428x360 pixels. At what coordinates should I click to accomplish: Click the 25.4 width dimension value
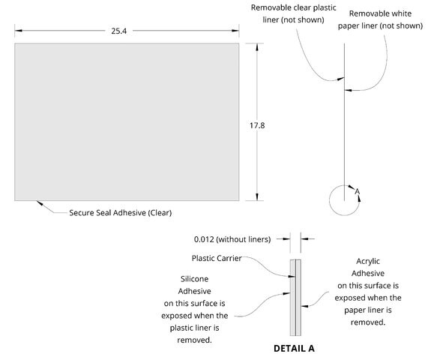(118, 31)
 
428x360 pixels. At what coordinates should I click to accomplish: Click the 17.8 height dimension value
(257, 125)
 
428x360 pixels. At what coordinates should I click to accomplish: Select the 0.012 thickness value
(204, 239)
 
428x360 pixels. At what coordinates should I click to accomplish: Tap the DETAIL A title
(294, 348)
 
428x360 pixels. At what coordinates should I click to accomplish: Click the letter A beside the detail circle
(357, 191)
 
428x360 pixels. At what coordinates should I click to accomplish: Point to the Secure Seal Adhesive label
(121, 213)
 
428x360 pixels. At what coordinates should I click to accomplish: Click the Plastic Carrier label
(217, 258)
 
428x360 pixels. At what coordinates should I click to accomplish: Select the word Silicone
(194, 279)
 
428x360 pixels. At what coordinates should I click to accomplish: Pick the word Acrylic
(368, 261)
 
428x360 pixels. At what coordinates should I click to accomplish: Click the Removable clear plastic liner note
(293, 13)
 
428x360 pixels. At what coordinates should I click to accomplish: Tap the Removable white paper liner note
(380, 19)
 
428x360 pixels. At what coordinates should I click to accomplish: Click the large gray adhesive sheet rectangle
(127, 121)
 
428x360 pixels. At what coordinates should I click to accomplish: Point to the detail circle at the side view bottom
(330, 200)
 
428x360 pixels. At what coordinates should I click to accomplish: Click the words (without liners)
(243, 239)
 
